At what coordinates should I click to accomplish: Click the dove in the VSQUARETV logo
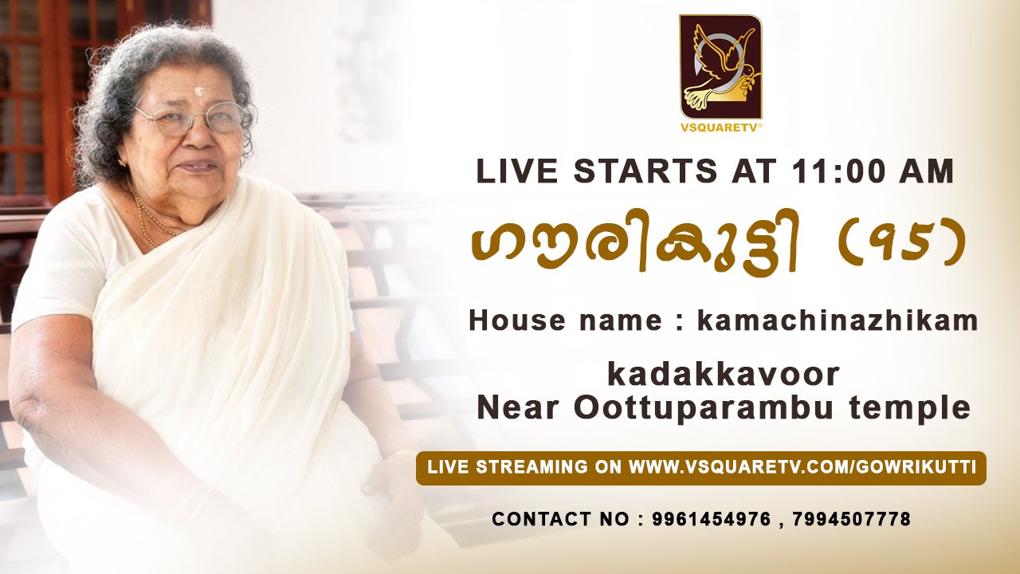720,69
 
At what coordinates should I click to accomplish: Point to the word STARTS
645,171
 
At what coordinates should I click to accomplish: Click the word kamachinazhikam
838,320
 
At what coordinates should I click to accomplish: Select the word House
518,320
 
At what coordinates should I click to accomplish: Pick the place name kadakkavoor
724,375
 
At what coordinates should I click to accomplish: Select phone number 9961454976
712,519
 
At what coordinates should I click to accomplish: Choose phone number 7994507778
852,519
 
